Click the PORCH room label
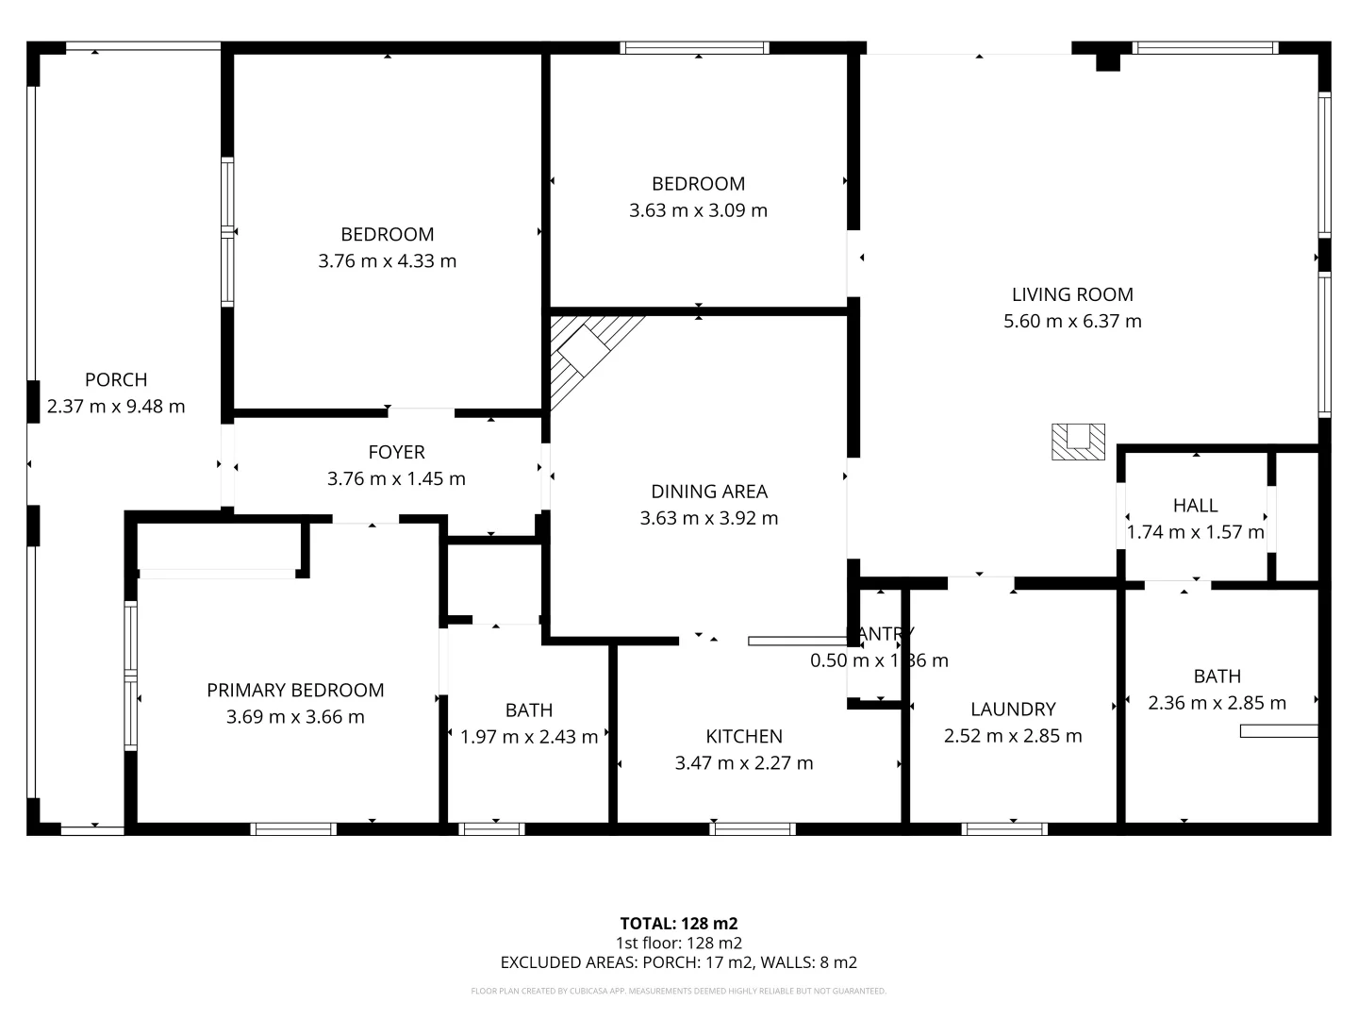click(116, 379)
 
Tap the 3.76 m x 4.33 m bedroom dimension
click(387, 260)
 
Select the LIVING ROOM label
click(1072, 294)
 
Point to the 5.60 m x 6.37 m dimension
click(1072, 321)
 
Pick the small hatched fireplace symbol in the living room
click(1078, 442)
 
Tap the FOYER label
click(396, 452)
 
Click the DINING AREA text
click(709, 492)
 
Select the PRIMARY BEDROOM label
click(295, 690)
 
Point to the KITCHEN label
click(744, 736)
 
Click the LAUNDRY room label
click(1013, 709)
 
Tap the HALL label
click(1195, 505)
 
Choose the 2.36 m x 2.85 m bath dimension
click(1217, 703)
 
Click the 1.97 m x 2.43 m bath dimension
click(529, 737)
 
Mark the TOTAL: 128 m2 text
click(678, 924)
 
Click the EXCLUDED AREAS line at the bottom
click(678, 962)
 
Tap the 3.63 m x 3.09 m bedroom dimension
click(698, 210)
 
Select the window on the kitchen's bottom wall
click(753, 829)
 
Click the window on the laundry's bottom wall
click(1004, 829)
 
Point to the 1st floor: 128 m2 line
click(678, 943)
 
